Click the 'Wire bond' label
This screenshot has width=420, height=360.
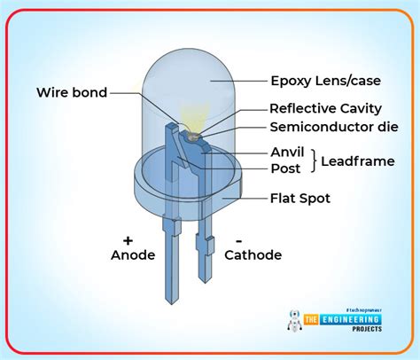[x=73, y=92]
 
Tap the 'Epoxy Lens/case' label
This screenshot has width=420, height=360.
[x=325, y=82]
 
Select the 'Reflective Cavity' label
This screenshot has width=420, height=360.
[x=325, y=108]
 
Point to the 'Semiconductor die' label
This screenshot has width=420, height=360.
[x=331, y=127]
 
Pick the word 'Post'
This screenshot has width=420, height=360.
[x=285, y=168]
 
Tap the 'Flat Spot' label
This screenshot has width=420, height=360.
[x=300, y=199]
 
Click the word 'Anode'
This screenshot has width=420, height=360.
[x=133, y=255]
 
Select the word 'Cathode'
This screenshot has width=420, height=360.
[x=253, y=255]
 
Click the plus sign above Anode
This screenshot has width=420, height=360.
[x=129, y=239]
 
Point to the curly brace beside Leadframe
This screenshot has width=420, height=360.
[x=316, y=160]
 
